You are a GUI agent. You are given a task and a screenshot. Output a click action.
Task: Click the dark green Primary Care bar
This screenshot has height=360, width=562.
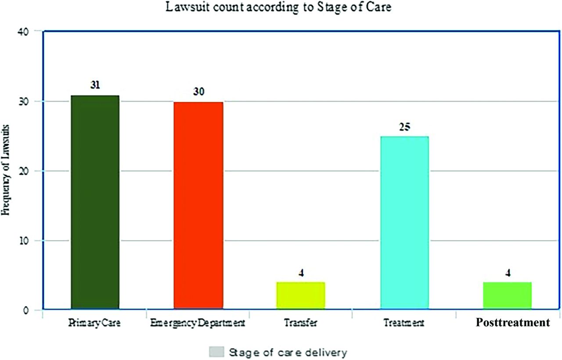click(x=95, y=202)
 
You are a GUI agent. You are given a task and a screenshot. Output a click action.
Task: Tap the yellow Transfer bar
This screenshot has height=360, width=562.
click(x=301, y=295)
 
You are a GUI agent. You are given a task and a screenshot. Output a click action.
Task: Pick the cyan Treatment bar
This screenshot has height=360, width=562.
click(x=404, y=223)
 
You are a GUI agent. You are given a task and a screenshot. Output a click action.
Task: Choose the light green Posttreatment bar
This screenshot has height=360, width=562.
click(x=507, y=295)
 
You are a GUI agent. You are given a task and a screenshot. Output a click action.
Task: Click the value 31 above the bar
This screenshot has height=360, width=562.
click(x=95, y=85)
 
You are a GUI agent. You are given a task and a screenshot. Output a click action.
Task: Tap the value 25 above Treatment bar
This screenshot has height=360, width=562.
click(x=404, y=127)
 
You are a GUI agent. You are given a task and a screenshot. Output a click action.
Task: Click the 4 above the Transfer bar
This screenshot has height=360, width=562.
click(x=301, y=273)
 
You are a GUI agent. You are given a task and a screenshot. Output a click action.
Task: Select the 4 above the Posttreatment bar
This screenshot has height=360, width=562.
click(x=508, y=273)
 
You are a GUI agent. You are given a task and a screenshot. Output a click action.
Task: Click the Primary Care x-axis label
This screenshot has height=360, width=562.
click(x=94, y=324)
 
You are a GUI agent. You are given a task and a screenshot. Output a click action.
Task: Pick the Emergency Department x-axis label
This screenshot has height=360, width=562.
click(x=197, y=324)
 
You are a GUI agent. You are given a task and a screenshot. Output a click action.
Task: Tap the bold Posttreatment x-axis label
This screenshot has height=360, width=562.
click(x=513, y=323)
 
